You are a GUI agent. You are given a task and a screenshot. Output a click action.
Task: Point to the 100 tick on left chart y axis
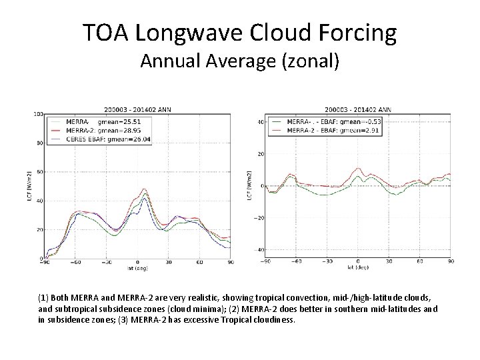[x=39, y=114]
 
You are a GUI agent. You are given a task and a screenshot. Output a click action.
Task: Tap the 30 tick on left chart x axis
[x=169, y=263]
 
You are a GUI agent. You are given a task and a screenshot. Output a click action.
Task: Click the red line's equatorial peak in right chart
[x=359, y=169]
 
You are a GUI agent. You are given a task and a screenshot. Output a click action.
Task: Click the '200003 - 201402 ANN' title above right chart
[x=358, y=109]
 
